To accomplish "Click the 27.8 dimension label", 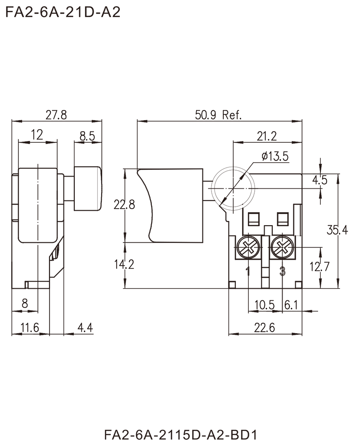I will (x=57, y=116).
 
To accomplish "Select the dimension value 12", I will (x=39, y=134).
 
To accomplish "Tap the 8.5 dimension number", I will (x=86, y=135).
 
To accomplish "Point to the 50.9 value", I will (x=205, y=115).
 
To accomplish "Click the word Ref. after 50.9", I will (x=232, y=115).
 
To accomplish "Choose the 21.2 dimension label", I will (x=268, y=134).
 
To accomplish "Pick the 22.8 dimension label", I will (x=125, y=205).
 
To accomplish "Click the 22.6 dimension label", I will (x=265, y=327).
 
